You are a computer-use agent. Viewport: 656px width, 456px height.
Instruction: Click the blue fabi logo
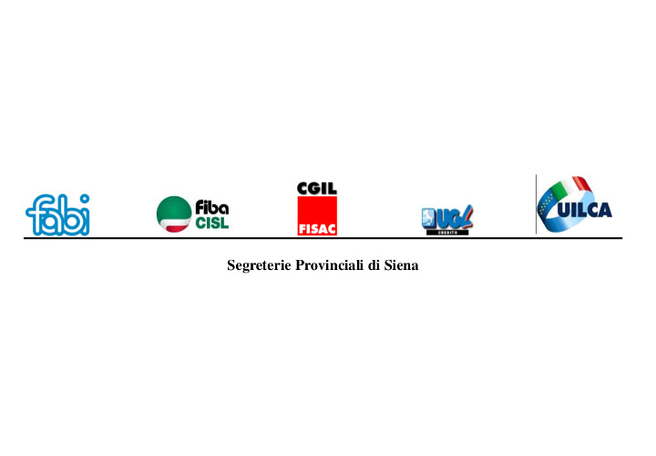click(x=57, y=215)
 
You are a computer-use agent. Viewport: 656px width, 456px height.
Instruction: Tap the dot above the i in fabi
click(x=85, y=198)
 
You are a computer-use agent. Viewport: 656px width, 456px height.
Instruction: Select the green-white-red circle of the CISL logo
click(x=174, y=214)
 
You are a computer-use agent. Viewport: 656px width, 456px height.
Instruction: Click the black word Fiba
click(x=211, y=207)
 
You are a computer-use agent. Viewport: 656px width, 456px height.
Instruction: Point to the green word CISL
click(x=212, y=223)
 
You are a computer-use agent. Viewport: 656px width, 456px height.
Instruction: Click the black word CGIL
click(x=317, y=189)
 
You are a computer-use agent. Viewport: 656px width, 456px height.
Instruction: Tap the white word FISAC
click(x=317, y=230)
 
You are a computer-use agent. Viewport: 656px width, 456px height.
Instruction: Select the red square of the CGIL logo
click(x=317, y=215)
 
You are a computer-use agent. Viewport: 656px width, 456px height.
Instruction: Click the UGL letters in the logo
click(x=455, y=217)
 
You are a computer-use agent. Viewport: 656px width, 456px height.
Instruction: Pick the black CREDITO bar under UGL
click(x=447, y=233)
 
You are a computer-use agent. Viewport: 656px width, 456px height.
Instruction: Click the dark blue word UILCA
click(x=585, y=210)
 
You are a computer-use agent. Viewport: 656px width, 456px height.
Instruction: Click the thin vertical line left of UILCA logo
click(x=536, y=204)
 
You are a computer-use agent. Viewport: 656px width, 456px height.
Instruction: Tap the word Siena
click(x=401, y=265)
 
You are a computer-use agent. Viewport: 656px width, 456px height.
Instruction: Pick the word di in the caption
click(x=374, y=265)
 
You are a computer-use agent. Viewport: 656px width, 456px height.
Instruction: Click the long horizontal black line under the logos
click(x=323, y=238)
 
